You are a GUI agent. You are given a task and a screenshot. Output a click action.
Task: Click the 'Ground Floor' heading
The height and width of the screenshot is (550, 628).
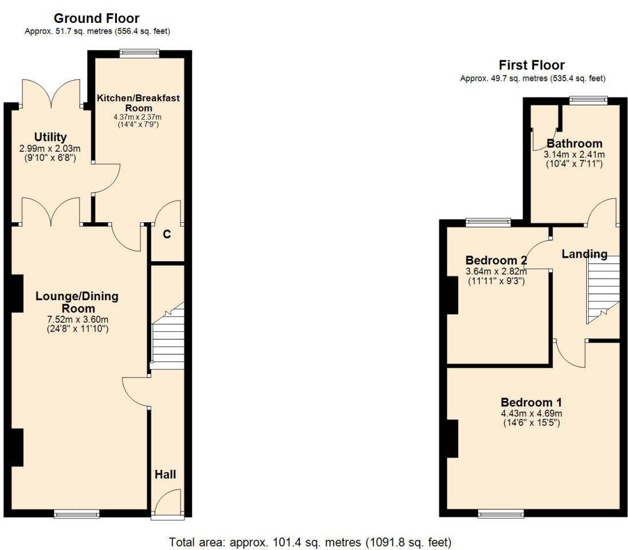coord(96,18)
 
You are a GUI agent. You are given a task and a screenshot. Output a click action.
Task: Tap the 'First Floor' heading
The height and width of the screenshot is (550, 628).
coord(531,65)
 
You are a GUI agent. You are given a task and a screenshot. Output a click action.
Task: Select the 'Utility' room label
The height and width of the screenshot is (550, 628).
coord(50,137)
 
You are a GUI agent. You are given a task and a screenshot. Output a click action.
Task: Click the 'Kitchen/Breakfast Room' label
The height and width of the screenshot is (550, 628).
coord(138,103)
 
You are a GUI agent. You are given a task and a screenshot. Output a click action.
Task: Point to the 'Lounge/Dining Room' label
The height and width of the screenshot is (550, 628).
coord(77,302)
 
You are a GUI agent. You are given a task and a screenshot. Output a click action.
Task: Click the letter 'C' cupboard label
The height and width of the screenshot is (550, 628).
coord(167,234)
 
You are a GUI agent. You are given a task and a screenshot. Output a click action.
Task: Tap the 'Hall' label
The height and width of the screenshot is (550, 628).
coord(165,474)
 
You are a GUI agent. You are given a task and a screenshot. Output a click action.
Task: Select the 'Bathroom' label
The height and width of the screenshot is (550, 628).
coord(574,143)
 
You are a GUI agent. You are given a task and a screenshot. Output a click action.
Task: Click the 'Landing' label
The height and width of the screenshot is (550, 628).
coord(584,254)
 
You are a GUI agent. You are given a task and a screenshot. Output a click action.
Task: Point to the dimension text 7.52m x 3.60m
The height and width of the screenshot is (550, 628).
coord(77,319)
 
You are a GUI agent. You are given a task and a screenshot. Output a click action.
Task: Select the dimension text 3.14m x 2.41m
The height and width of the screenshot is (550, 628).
coord(574,154)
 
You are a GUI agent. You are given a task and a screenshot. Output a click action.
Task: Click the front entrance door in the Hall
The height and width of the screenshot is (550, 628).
coord(168,504)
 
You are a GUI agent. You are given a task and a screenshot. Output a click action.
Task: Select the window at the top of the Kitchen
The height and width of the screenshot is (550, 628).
coord(139,53)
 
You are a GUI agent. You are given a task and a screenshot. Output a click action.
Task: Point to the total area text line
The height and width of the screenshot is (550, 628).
coord(310,541)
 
